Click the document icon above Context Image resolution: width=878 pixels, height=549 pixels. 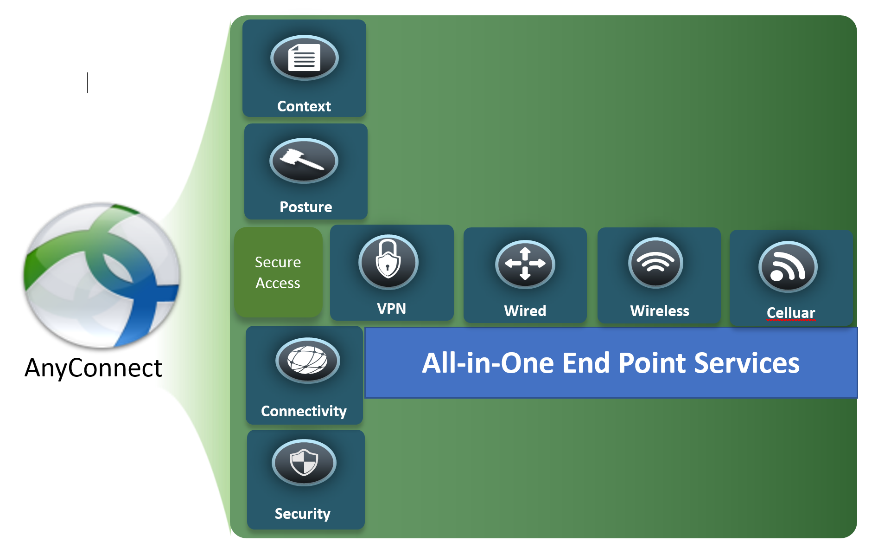[304, 58]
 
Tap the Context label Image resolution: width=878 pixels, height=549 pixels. [304, 106]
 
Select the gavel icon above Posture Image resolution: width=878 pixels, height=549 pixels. [304, 161]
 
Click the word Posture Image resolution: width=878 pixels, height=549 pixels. [305, 207]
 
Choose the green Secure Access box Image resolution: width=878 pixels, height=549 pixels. [278, 272]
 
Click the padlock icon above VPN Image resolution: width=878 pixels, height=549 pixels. [388, 262]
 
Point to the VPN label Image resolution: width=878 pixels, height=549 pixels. [391, 309]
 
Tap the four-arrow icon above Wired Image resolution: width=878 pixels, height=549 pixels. [525, 264]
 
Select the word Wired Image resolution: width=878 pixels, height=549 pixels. [525, 310]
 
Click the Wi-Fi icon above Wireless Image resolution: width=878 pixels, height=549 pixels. [655, 263]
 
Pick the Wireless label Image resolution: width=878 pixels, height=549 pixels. [659, 310]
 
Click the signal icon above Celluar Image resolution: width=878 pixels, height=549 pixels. [788, 267]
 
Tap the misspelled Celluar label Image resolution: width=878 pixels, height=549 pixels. [790, 313]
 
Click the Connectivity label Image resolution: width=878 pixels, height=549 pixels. [304, 411]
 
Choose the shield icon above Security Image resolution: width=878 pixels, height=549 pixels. [304, 462]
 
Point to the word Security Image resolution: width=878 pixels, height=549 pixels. [302, 514]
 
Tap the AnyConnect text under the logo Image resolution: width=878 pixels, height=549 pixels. [93, 368]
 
